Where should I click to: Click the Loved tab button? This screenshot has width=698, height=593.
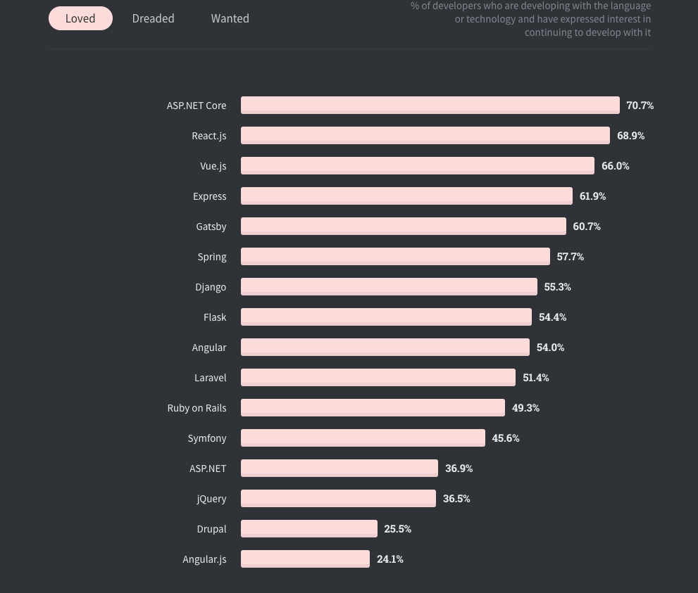point(80,19)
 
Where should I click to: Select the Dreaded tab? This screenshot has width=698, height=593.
point(153,19)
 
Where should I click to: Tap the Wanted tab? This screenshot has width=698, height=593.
point(230,19)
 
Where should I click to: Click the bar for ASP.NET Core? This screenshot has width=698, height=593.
point(430,106)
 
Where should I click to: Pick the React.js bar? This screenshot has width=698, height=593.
point(425,136)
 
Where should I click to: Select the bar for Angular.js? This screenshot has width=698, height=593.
point(305,559)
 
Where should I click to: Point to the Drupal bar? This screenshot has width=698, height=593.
point(309,529)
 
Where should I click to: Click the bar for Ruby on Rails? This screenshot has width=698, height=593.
point(373,408)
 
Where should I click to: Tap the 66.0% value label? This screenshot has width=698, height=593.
point(616,166)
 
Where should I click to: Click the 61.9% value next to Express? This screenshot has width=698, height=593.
point(592,196)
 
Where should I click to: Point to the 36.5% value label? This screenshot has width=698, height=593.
point(456,499)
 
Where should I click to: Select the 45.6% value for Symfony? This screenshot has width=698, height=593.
point(506,438)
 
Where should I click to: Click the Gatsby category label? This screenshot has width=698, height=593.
point(211,227)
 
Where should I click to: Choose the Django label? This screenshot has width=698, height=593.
point(211,287)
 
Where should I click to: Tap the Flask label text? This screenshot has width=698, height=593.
point(215,317)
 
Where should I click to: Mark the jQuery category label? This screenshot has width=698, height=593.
point(211,499)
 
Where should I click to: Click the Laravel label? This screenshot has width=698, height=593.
point(211,378)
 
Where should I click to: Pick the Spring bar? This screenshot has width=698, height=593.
point(395,257)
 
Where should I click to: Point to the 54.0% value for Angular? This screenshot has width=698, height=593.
point(550,347)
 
